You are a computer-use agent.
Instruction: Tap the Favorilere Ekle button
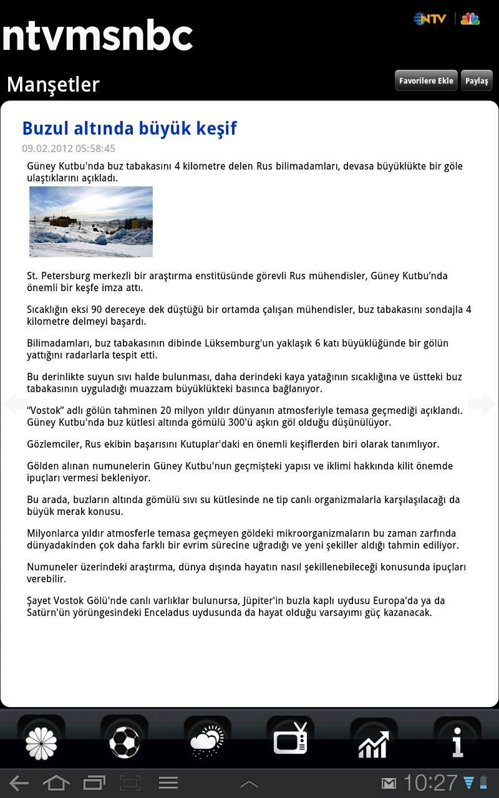click(x=426, y=81)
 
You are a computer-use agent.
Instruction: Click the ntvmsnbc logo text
click(x=97, y=36)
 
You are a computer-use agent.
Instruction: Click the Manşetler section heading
click(x=53, y=84)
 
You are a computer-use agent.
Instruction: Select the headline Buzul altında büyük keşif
click(x=129, y=128)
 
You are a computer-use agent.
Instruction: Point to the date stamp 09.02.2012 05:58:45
click(x=69, y=148)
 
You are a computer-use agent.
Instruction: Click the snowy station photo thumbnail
click(x=91, y=221)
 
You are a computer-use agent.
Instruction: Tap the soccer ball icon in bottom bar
click(x=124, y=742)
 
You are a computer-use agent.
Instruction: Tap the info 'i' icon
click(x=457, y=742)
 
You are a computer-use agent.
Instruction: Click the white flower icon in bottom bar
click(x=41, y=743)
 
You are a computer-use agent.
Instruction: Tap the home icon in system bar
click(x=56, y=783)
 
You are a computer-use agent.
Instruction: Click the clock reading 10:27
click(x=430, y=783)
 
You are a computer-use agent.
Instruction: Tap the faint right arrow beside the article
click(x=482, y=404)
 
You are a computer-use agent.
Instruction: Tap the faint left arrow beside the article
click(x=17, y=404)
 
